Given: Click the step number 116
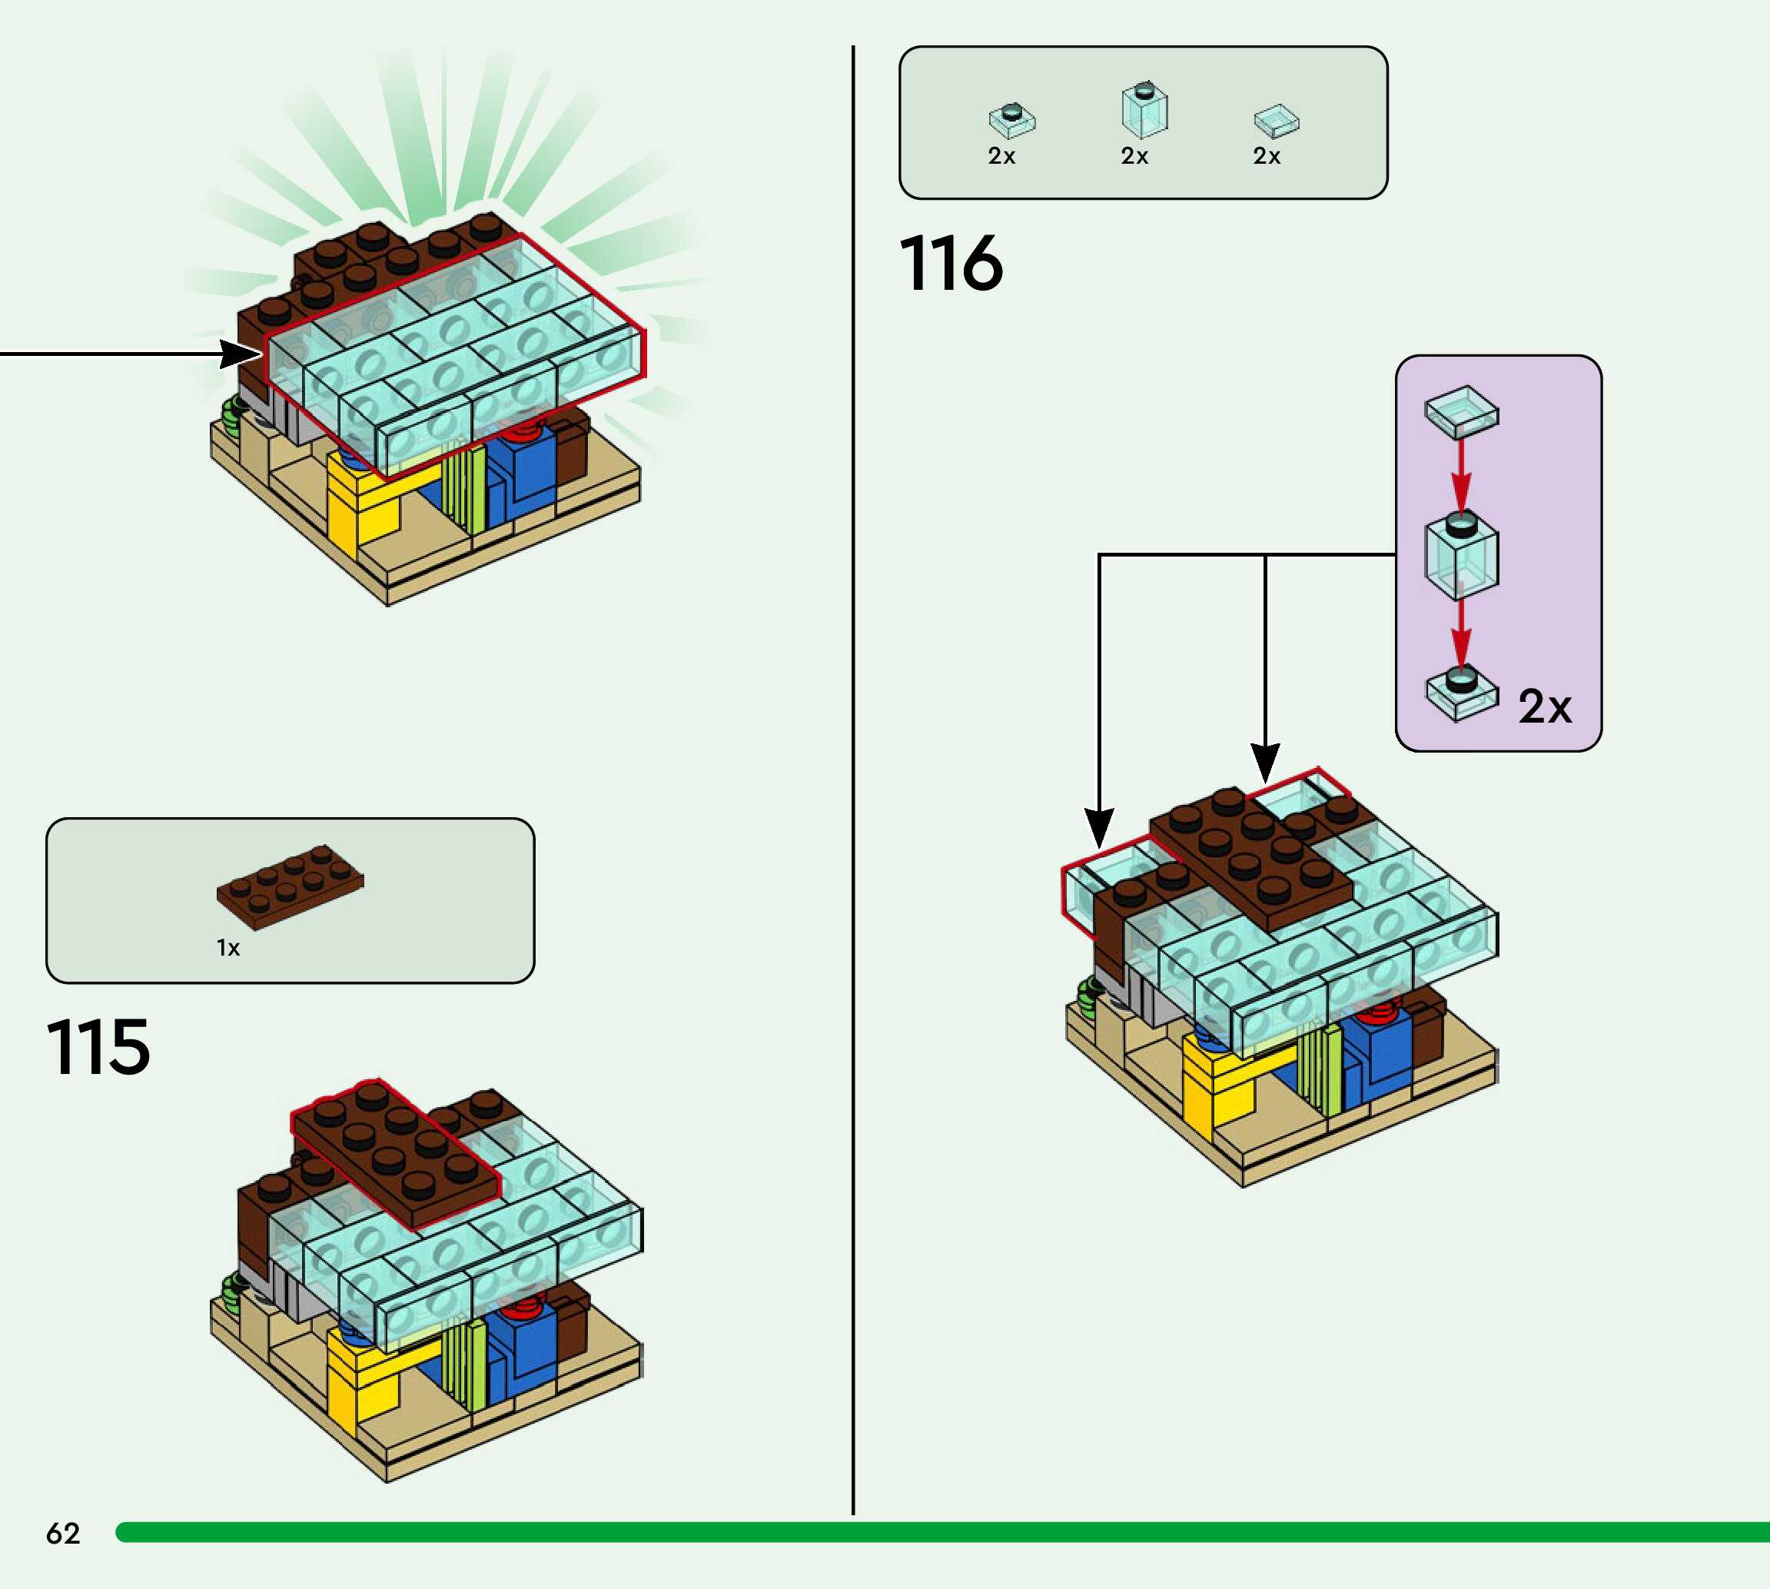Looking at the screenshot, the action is (x=951, y=263).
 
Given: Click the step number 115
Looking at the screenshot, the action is (x=98, y=1047).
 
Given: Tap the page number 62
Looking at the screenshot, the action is (x=63, y=1533).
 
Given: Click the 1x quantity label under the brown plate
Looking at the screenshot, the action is (x=227, y=948).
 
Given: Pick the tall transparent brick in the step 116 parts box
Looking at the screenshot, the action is (x=1144, y=111).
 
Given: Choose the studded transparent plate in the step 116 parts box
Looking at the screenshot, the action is (x=1011, y=121).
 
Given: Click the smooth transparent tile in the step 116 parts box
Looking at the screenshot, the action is (x=1276, y=121).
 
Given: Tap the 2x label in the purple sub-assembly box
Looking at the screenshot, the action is (x=1545, y=706).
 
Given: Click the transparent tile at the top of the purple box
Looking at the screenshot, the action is (x=1462, y=412).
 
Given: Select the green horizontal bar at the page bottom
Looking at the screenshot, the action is (x=942, y=1532).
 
